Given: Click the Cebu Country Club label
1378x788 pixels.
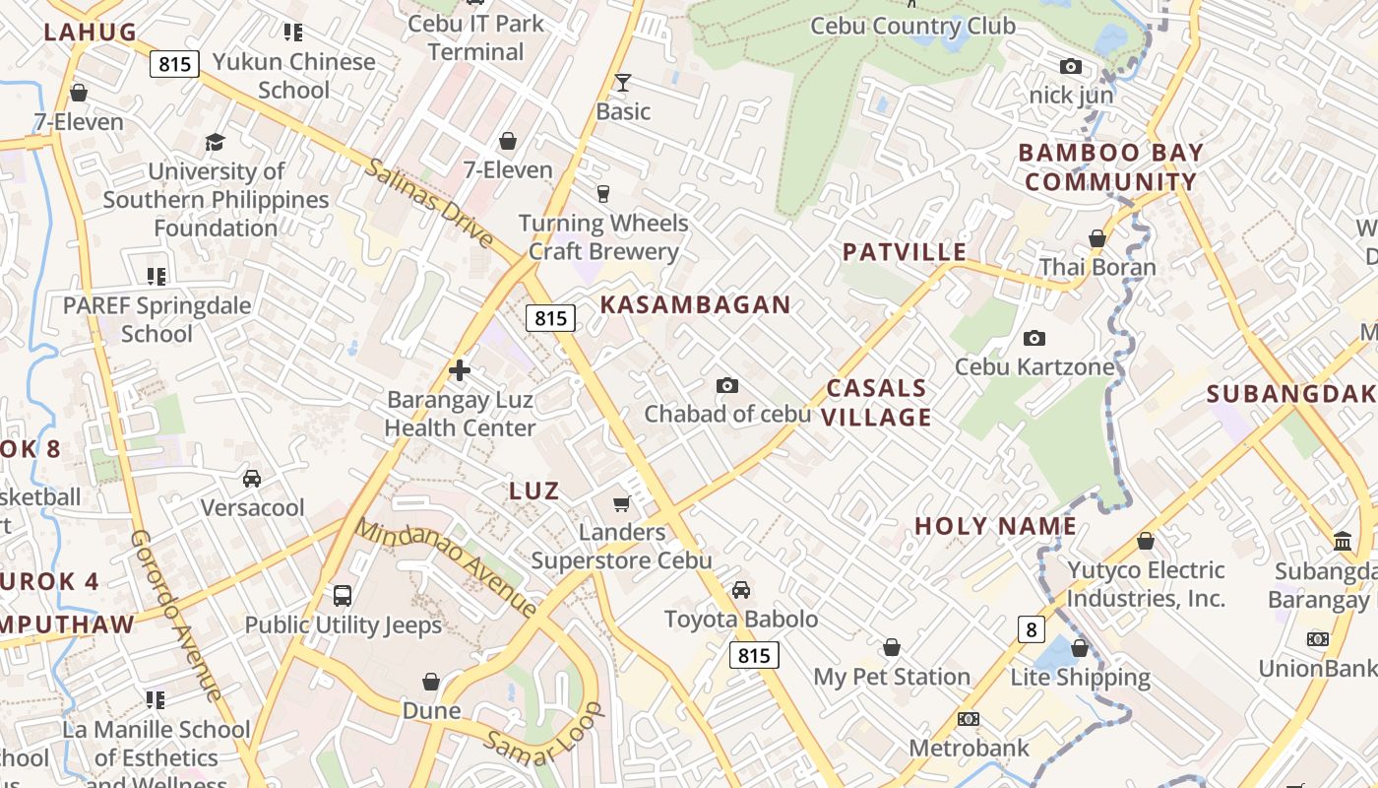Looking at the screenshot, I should tap(912, 26).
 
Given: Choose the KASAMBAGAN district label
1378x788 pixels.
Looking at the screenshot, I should tap(696, 305).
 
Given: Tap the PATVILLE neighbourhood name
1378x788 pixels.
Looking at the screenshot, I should tap(904, 252).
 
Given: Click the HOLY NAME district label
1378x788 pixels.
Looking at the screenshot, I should tap(995, 526).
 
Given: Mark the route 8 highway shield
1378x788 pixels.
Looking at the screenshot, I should tap(1031, 629).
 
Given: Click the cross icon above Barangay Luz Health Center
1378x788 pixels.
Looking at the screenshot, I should tap(459, 371).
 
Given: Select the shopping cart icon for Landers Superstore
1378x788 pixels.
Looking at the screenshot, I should tap(621, 504).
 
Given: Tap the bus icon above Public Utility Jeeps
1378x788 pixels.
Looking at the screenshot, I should tap(343, 596).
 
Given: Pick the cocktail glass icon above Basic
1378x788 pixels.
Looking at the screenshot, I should tap(623, 83).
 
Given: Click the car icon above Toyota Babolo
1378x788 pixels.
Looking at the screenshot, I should tap(741, 590).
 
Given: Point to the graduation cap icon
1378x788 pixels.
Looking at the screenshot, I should tap(216, 143).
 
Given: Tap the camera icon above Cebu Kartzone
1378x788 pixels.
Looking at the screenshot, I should tap(1033, 339).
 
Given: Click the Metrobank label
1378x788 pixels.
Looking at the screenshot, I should tap(969, 748).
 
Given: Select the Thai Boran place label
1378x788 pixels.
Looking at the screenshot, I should tap(1097, 267).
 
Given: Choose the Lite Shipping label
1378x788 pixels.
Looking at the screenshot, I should tap(1080, 678).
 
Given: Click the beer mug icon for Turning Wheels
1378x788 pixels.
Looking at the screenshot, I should tap(603, 194).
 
